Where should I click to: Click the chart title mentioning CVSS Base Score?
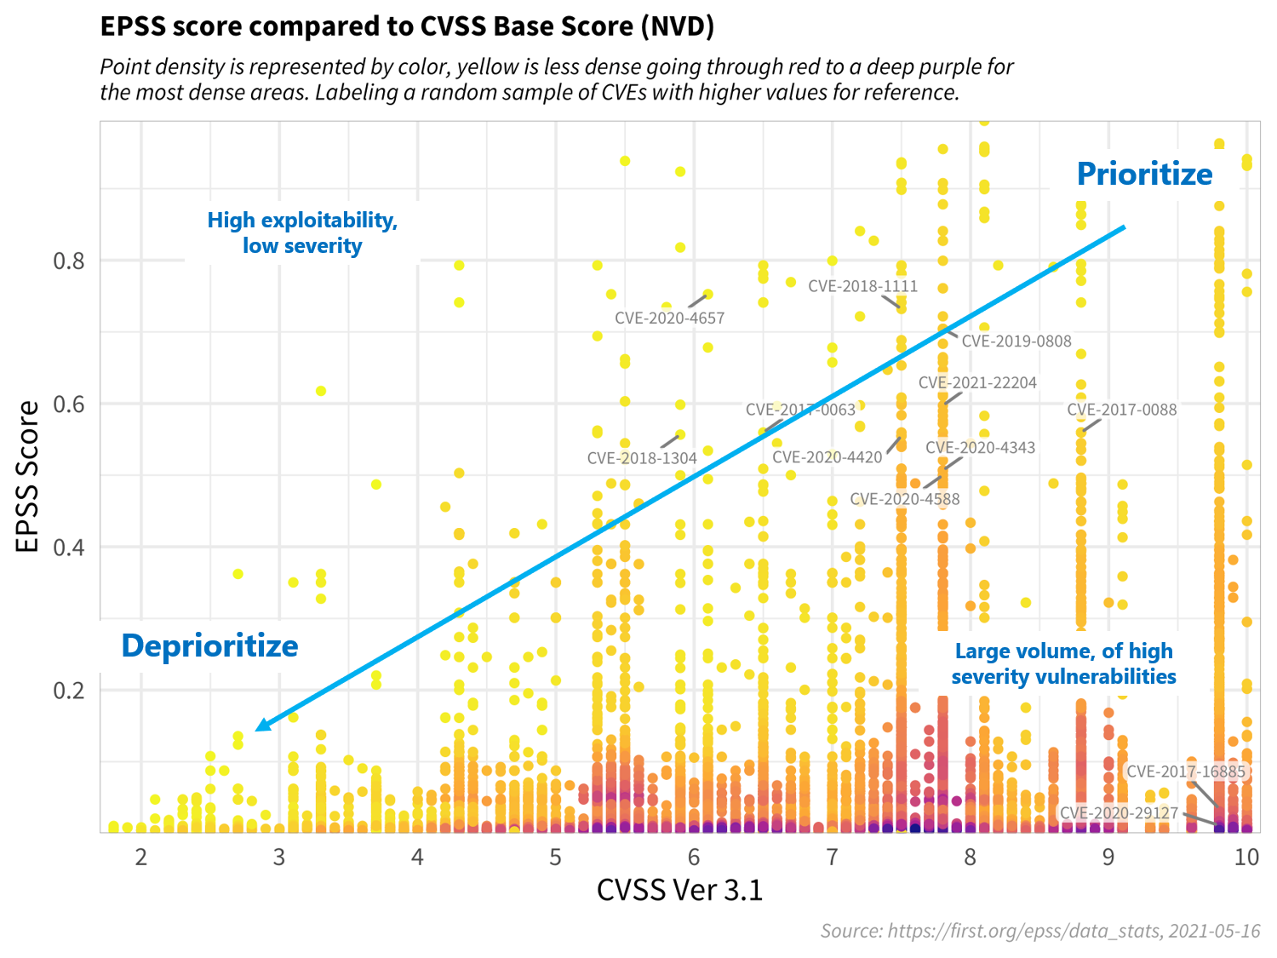[407, 26]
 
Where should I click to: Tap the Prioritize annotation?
[1144, 174]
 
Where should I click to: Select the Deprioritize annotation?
[209, 645]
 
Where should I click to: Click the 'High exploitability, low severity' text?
[302, 232]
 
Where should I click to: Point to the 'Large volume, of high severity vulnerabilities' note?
[1063, 663]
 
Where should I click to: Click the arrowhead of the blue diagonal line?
[261, 726]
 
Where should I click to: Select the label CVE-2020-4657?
[669, 318]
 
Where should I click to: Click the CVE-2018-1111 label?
[862, 286]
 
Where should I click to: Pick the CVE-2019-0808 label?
[1016, 341]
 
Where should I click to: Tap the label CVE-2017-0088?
[1121, 410]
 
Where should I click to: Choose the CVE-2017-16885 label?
[1185, 772]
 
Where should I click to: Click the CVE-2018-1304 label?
[642, 458]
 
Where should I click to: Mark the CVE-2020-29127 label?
[1119, 813]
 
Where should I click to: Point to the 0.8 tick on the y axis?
[69, 261]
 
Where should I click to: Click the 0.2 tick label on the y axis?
[69, 690]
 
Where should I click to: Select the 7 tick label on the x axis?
[832, 857]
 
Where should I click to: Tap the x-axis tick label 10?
[1246, 857]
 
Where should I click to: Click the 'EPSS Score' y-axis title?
[28, 477]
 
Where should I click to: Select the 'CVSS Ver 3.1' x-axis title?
[679, 890]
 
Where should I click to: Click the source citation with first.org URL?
[1039, 931]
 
